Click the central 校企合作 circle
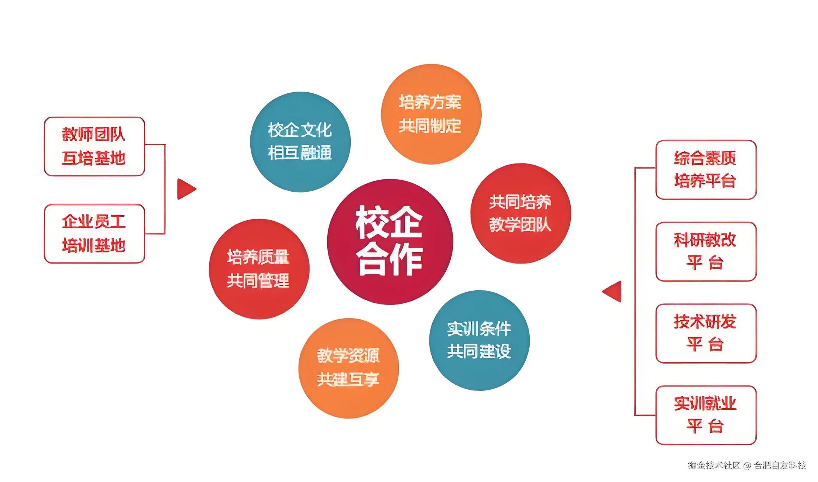[390, 242]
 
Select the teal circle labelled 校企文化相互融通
[300, 142]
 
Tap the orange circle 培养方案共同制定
[431, 114]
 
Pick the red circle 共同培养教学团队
[520, 213]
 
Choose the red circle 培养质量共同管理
[259, 269]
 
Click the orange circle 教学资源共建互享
[348, 368]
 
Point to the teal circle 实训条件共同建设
[479, 340]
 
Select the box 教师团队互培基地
[94, 146]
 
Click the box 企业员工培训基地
[94, 233]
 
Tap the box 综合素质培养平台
[706, 169]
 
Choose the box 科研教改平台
[706, 251]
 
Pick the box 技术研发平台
[706, 333]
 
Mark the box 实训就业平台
[706, 415]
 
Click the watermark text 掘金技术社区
[714, 465]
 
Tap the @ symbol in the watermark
[747, 465]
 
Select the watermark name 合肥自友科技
[780, 465]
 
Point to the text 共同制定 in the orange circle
[430, 126]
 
